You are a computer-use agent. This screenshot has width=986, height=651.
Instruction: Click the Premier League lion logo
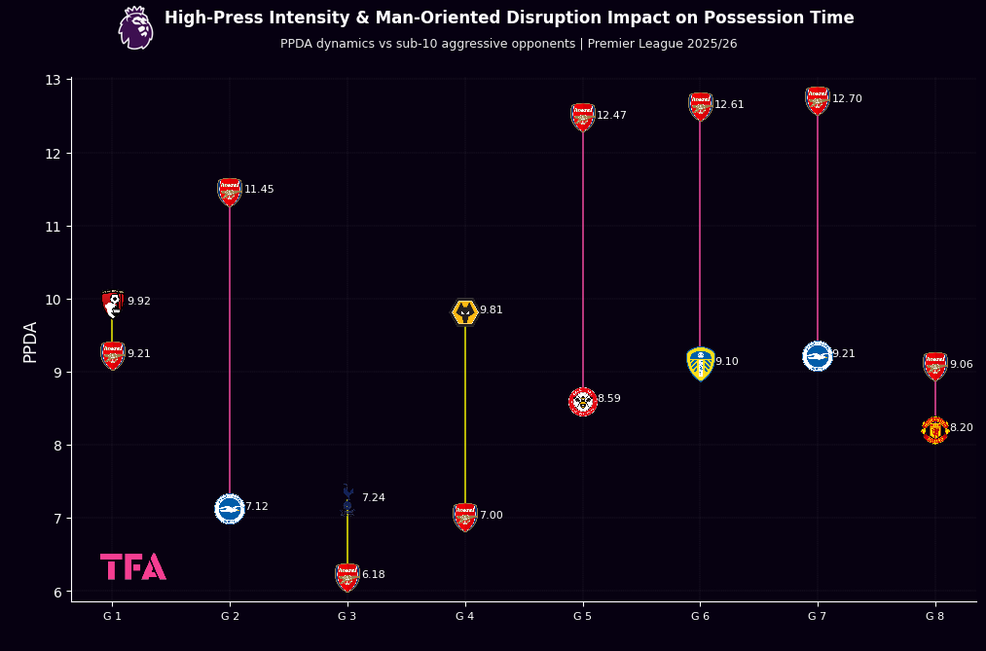point(135,28)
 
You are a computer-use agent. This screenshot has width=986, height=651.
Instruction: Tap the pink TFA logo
point(132,566)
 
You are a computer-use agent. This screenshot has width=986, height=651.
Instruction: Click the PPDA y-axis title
point(30,342)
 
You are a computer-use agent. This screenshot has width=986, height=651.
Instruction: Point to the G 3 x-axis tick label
point(347,616)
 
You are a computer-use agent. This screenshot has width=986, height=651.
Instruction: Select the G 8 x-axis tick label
point(934,616)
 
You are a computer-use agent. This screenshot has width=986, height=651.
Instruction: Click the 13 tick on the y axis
point(53,80)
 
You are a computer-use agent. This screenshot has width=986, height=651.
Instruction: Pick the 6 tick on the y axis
point(56,592)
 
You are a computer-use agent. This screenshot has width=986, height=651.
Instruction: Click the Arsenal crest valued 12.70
point(818,100)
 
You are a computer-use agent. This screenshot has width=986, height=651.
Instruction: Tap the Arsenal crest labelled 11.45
point(230,192)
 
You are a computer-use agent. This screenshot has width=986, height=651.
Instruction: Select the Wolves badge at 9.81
point(465,312)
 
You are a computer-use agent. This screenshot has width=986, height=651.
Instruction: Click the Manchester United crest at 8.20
point(934,429)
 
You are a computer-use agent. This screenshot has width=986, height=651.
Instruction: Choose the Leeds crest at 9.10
point(700,363)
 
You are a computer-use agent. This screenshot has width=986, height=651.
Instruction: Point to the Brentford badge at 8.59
point(583,401)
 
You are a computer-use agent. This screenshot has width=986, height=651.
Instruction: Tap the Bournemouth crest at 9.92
point(113,304)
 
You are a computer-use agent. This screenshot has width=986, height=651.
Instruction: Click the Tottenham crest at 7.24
point(347,500)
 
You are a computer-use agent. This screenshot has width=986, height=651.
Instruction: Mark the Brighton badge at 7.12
point(230,508)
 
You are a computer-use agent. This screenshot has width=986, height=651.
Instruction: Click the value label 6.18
point(374,575)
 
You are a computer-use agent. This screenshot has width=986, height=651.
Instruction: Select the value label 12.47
point(611,116)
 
